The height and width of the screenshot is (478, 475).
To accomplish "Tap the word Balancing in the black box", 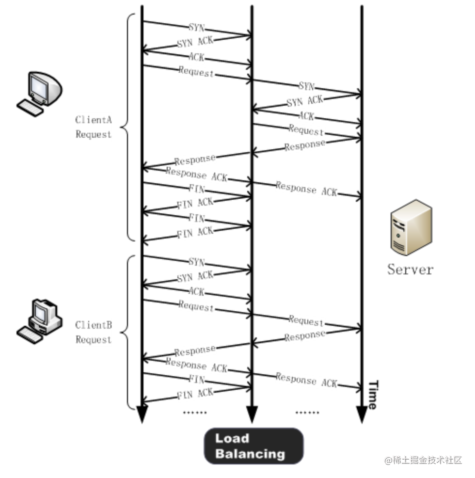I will (x=250, y=454).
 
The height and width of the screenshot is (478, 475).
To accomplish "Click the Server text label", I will (x=410, y=269).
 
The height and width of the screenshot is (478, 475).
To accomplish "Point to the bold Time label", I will (x=372, y=395).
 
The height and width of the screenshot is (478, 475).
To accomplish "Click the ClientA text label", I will (x=94, y=119).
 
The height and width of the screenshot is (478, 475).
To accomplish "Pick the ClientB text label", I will (x=94, y=325).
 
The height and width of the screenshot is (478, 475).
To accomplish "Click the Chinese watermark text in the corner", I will (x=423, y=460).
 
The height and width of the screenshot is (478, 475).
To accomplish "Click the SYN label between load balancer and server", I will (x=306, y=86).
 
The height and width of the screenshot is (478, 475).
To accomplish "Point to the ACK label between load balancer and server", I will (x=306, y=116).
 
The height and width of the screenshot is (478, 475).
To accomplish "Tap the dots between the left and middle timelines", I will (x=195, y=413).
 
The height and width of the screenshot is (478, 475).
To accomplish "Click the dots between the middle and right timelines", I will (x=307, y=413).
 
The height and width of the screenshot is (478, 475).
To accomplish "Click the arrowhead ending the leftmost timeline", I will (x=142, y=414).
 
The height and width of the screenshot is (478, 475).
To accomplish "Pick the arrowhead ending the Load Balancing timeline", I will (x=252, y=414).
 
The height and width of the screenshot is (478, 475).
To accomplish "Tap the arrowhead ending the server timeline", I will (x=362, y=414).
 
